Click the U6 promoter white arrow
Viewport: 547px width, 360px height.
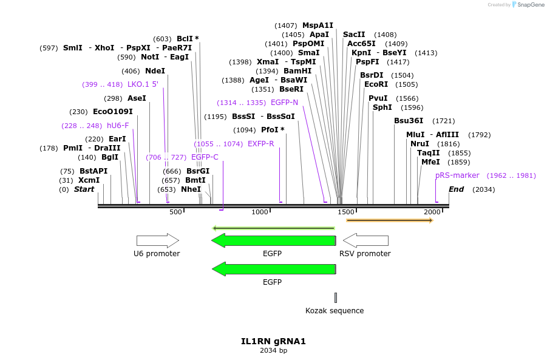[x=157, y=240]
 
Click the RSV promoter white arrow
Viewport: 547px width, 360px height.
[x=365, y=240]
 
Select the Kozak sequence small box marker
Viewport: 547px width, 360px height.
[x=335, y=297]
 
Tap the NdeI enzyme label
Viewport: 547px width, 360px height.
[x=155, y=71]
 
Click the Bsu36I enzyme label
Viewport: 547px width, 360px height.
[x=409, y=121]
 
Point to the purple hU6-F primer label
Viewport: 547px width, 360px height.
[x=118, y=126]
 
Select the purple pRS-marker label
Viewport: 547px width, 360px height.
[x=457, y=175]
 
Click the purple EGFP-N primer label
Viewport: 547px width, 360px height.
[x=284, y=103]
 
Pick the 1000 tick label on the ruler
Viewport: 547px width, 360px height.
[x=260, y=212]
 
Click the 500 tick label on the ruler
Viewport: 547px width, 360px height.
[x=175, y=212]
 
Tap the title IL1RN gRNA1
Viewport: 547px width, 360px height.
[x=273, y=341]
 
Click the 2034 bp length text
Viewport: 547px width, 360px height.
[x=273, y=350]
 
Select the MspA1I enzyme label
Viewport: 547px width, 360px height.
[x=318, y=25]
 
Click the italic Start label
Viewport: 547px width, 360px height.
[x=84, y=189]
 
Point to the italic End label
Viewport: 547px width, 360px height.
[x=456, y=189]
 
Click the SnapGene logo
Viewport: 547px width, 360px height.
[x=526, y=5]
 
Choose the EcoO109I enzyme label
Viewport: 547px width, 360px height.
[x=112, y=112]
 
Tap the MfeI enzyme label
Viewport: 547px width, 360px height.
[x=430, y=162]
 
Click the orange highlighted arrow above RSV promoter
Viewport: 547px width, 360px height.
[x=389, y=220]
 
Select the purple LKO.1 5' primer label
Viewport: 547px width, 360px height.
[x=143, y=84]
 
